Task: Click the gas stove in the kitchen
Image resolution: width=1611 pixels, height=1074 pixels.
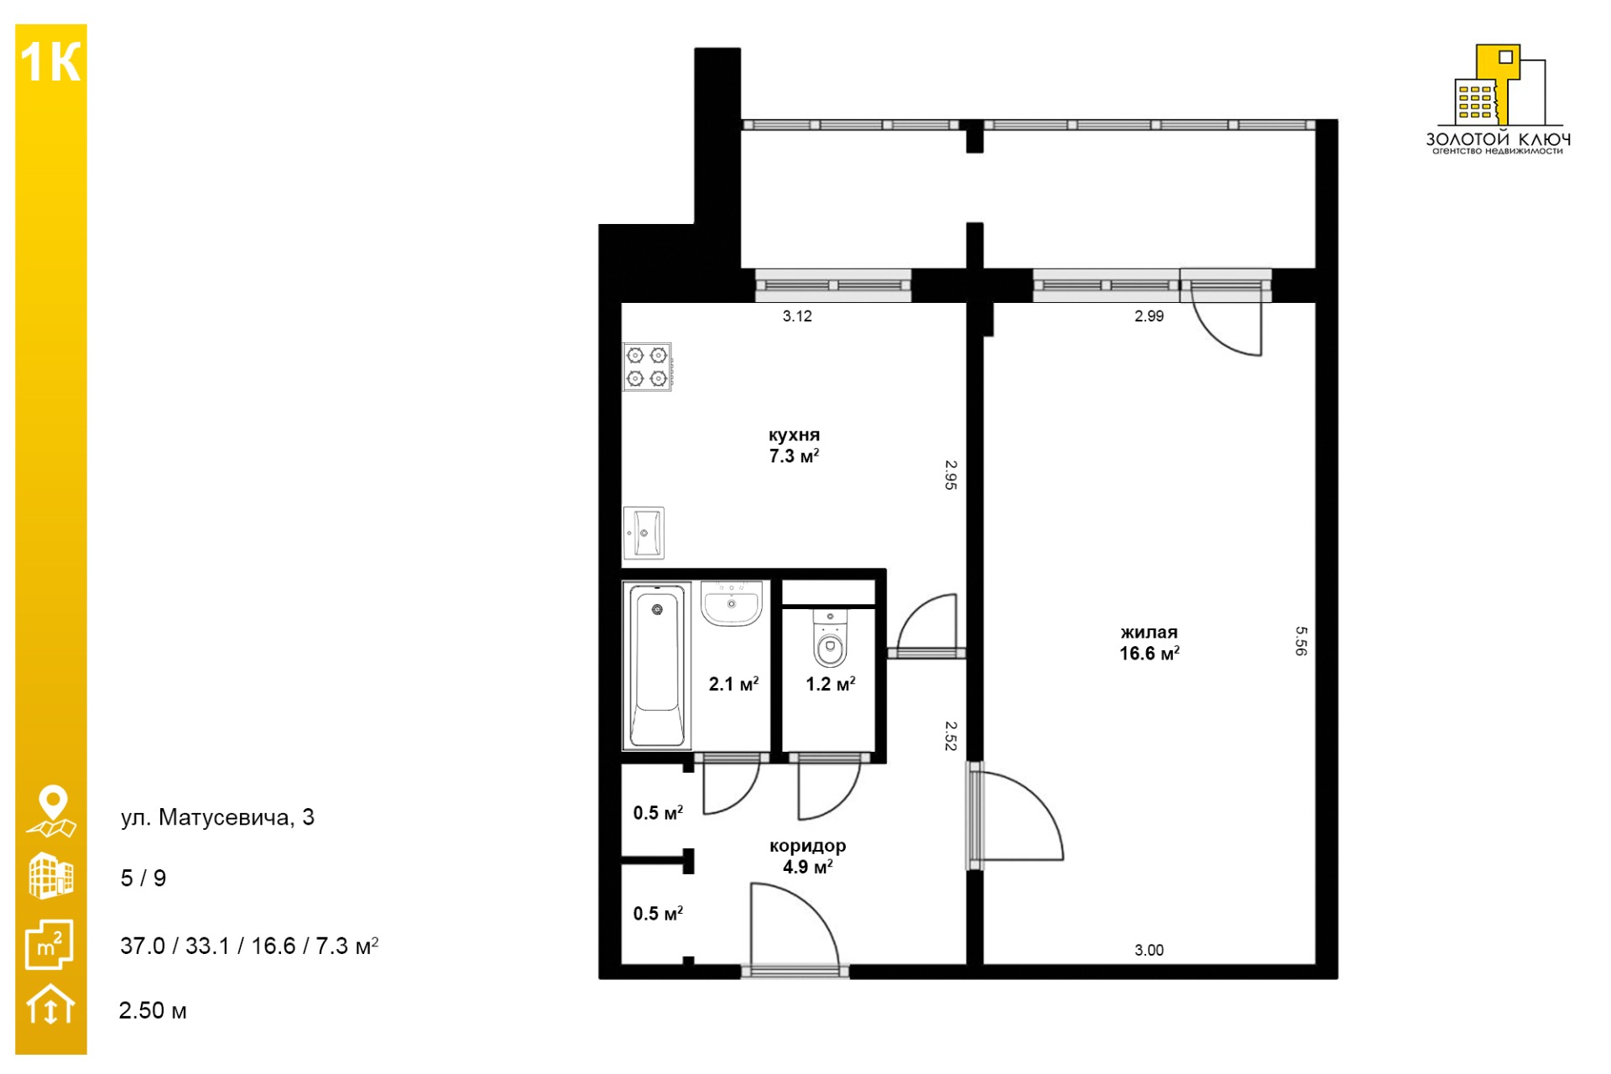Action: (x=647, y=368)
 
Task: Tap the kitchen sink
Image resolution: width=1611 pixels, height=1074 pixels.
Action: (x=644, y=533)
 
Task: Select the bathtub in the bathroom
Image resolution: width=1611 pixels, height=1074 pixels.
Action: (x=657, y=665)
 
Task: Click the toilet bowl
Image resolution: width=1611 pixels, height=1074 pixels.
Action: (x=830, y=639)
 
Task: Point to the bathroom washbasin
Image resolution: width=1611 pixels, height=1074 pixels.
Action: (x=732, y=603)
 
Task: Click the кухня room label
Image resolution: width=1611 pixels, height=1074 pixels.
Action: (x=794, y=435)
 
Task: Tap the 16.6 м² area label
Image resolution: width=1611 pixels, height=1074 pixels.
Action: (x=1150, y=653)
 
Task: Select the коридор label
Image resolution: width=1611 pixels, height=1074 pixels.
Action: (x=808, y=846)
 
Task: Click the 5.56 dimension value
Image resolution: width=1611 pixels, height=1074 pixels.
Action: (x=1301, y=641)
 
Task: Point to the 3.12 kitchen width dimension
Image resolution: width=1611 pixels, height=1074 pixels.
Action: (x=797, y=316)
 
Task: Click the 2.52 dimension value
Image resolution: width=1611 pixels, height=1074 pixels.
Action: (x=951, y=736)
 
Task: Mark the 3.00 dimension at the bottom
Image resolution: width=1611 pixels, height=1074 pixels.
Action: (x=1150, y=950)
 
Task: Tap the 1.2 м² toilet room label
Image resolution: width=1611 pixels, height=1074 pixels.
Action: (x=831, y=684)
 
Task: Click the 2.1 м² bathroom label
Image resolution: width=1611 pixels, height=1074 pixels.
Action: (x=734, y=684)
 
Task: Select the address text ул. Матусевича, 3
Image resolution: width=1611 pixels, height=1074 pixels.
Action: (x=217, y=817)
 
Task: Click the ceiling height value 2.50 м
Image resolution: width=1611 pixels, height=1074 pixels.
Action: (x=153, y=1010)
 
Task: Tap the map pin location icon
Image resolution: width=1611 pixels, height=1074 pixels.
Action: (x=52, y=811)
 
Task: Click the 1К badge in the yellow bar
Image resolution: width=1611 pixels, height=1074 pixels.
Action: (x=50, y=62)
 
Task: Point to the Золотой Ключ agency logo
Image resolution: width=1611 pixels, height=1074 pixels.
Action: (x=1499, y=99)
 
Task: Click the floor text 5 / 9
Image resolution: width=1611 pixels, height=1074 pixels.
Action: (x=143, y=878)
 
